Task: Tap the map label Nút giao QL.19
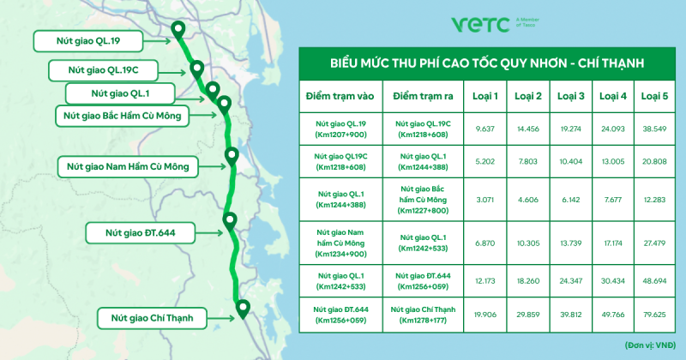(88, 41)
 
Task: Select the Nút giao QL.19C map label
(103, 70)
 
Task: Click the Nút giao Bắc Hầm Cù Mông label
(122, 116)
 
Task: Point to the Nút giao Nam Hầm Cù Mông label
(128, 166)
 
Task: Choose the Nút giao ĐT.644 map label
(140, 233)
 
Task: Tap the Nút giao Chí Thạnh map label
(152, 319)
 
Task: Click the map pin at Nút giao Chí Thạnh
(243, 309)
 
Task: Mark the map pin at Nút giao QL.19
(178, 31)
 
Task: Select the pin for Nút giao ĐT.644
(230, 222)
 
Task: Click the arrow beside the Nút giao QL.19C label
(173, 73)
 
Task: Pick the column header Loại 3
(570, 96)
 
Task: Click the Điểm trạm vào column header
(340, 96)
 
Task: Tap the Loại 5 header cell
(654, 96)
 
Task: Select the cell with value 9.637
(484, 129)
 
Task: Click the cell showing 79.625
(654, 315)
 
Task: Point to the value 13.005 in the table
(613, 161)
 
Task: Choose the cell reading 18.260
(528, 281)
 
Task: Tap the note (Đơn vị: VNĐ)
(650, 345)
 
